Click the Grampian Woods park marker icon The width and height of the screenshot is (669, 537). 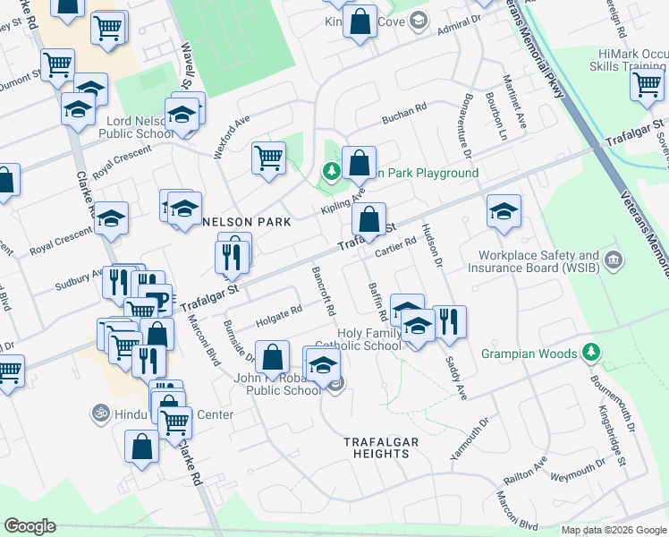(x=589, y=354)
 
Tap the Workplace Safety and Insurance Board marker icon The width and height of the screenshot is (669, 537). (x=614, y=261)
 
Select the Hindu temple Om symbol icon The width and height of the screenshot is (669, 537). (x=97, y=414)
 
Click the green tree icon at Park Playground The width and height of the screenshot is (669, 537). (x=331, y=171)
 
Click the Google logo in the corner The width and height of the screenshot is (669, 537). (x=30, y=526)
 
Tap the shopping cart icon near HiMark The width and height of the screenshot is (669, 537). (x=646, y=84)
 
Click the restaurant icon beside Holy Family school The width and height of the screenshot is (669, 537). (x=449, y=320)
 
